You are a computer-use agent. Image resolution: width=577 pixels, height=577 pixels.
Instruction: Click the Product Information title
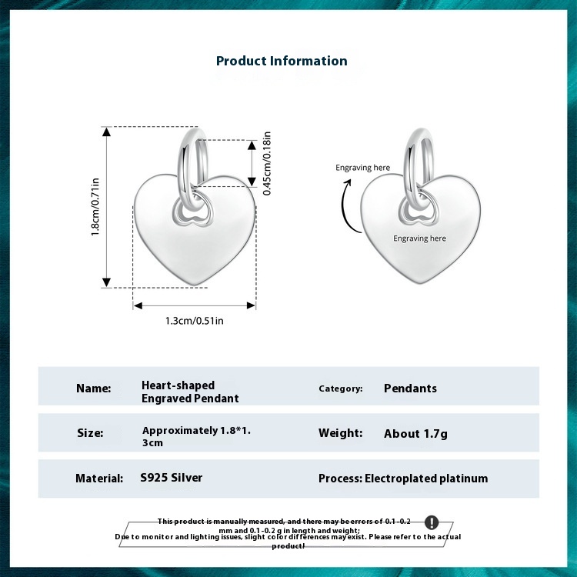282,61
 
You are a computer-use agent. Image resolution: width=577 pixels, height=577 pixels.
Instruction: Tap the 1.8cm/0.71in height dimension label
96,207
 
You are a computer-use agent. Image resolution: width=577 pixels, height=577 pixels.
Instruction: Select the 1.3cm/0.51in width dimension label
195,320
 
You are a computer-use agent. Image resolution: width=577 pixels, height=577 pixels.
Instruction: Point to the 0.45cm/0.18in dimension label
267,162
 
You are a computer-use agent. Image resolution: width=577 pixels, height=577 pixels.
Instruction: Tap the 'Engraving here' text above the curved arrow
362,168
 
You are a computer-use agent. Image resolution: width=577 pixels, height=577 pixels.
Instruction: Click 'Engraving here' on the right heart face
419,238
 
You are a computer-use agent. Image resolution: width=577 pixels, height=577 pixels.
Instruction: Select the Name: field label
94,389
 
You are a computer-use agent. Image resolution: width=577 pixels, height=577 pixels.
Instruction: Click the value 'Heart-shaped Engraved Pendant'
190,392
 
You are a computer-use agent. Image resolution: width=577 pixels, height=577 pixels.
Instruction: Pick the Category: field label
341,389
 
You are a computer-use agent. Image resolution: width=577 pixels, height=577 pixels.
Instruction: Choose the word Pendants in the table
410,389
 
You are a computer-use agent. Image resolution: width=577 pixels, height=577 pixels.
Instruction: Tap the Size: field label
90,433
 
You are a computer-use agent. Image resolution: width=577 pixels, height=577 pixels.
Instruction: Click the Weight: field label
340,433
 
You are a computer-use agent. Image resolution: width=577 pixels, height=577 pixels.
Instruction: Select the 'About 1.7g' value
415,433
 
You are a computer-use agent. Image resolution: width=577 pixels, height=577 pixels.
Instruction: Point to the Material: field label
99,479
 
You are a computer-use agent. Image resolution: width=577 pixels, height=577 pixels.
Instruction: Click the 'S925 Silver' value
172,478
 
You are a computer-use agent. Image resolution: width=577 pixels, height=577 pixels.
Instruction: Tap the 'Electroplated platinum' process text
426,479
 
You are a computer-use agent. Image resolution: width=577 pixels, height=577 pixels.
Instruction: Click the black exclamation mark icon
432,523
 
